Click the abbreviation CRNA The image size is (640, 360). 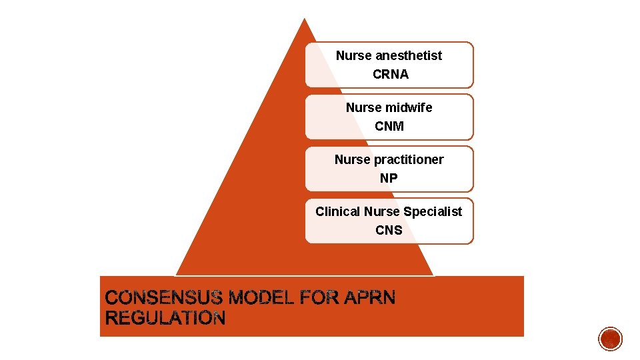pos(390,75)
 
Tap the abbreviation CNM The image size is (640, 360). pos(389,126)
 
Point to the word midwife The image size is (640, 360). pos(409,107)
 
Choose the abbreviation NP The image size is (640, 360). pos(389,178)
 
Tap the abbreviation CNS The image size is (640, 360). pos(389,230)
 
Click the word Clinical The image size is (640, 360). pos(338,211)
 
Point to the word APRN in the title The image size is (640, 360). pos(370,298)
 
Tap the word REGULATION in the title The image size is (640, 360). pos(165,319)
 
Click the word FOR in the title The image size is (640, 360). pos(321,298)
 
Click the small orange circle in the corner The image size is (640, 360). pos(610,339)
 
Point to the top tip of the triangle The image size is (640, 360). pos(305,20)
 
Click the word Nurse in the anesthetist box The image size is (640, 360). pos(353,55)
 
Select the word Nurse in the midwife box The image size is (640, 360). pos(363,107)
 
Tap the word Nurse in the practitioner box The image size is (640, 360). pos(352,159)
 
